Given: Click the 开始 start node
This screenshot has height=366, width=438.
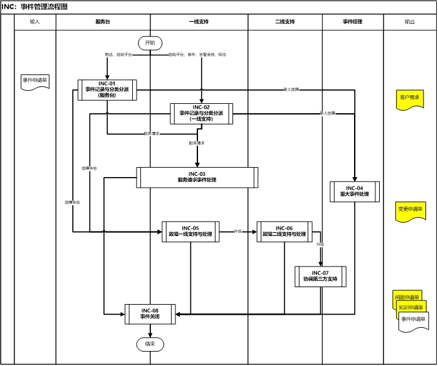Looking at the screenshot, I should tap(150, 43).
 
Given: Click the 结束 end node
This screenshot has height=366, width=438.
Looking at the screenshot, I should tap(150, 344).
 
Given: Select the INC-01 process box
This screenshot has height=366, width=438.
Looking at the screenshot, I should tap(107, 89).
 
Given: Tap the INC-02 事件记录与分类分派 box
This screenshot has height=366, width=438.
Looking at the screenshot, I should tap(201, 113).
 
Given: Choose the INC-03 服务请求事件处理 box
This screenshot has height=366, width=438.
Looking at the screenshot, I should tap(197, 177).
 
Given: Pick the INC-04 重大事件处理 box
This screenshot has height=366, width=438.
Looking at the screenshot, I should tap(355, 191).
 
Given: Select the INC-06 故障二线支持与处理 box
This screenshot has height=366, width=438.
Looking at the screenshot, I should tap(284, 231).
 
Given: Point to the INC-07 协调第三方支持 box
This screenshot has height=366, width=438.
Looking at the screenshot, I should tap(320, 277).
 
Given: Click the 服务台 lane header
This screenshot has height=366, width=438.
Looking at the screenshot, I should tap(103, 22).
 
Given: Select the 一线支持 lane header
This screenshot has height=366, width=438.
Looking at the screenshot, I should tap(199, 22).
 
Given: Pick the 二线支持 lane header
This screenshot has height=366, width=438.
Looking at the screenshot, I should tap(285, 22).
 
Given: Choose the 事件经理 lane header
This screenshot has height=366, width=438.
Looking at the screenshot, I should tap(352, 22).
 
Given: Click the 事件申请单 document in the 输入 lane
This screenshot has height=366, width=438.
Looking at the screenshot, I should tap(35, 81).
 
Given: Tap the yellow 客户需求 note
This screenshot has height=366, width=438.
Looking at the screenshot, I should tap(409, 98).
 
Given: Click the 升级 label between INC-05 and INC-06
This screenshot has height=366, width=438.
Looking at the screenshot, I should tap(237, 231).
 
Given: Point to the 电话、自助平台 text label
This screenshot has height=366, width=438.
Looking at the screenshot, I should tap(118, 55).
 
